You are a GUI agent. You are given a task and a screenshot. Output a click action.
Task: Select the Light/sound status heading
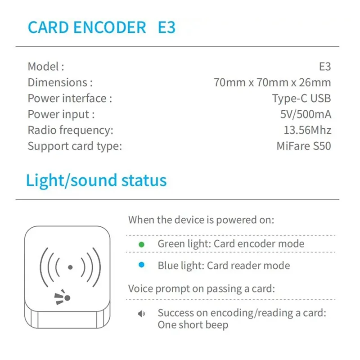(x=96, y=180)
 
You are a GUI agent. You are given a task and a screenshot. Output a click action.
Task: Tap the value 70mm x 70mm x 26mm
(x=272, y=82)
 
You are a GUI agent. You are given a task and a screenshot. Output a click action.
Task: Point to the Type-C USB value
(x=301, y=98)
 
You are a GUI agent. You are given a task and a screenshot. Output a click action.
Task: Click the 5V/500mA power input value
(x=306, y=114)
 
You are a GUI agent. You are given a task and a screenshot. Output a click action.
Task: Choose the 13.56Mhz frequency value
(x=308, y=130)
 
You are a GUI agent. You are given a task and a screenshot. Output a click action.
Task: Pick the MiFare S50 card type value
(x=304, y=146)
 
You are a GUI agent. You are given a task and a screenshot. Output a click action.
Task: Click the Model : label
(x=46, y=67)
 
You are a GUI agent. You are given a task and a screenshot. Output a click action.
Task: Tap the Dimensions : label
(x=60, y=82)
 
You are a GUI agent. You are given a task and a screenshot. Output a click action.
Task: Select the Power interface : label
(x=70, y=98)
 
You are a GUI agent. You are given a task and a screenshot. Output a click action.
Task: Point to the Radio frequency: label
(x=70, y=130)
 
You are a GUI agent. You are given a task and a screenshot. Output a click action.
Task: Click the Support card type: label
(x=75, y=146)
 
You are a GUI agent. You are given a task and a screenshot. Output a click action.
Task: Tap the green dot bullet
(x=141, y=244)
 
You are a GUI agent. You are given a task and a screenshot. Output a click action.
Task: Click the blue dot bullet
(x=141, y=265)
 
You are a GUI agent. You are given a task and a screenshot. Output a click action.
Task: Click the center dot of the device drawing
(x=70, y=267)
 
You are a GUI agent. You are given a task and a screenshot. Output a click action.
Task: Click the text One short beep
(x=193, y=324)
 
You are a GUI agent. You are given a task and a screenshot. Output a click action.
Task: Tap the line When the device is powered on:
(x=201, y=220)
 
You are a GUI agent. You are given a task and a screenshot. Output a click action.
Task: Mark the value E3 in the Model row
(x=325, y=67)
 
